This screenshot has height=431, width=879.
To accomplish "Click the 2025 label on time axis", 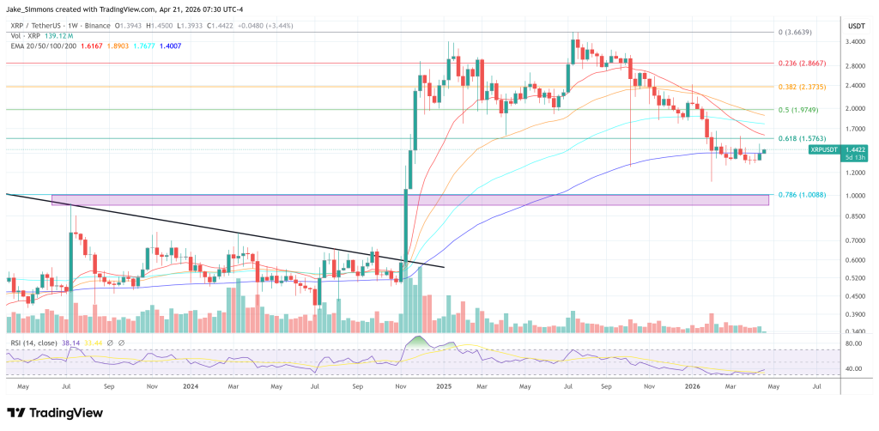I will (x=444, y=387).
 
